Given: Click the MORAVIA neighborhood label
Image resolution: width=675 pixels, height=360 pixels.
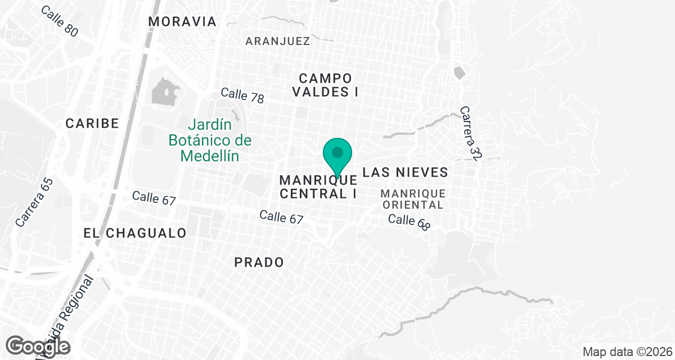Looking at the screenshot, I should pyautogui.click(x=182, y=22).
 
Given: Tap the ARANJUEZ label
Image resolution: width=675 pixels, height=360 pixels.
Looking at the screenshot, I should pyautogui.click(x=278, y=41).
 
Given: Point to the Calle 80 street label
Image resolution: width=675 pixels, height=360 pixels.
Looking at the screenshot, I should pyautogui.click(x=60, y=22).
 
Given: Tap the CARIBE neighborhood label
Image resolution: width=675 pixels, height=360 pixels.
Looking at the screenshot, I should pyautogui.click(x=92, y=123).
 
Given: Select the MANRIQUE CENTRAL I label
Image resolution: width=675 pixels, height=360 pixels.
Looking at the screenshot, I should pyautogui.click(x=318, y=187).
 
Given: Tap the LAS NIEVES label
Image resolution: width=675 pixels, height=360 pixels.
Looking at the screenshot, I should pyautogui.click(x=405, y=172).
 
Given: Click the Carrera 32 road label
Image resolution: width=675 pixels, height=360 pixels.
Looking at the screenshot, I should pyautogui.click(x=469, y=134).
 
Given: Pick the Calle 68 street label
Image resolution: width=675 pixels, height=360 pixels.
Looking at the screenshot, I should pyautogui.click(x=409, y=222).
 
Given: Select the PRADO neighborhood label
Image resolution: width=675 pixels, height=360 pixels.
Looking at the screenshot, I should pyautogui.click(x=259, y=262).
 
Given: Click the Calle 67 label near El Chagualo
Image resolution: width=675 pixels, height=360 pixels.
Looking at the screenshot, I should pyautogui.click(x=154, y=198).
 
